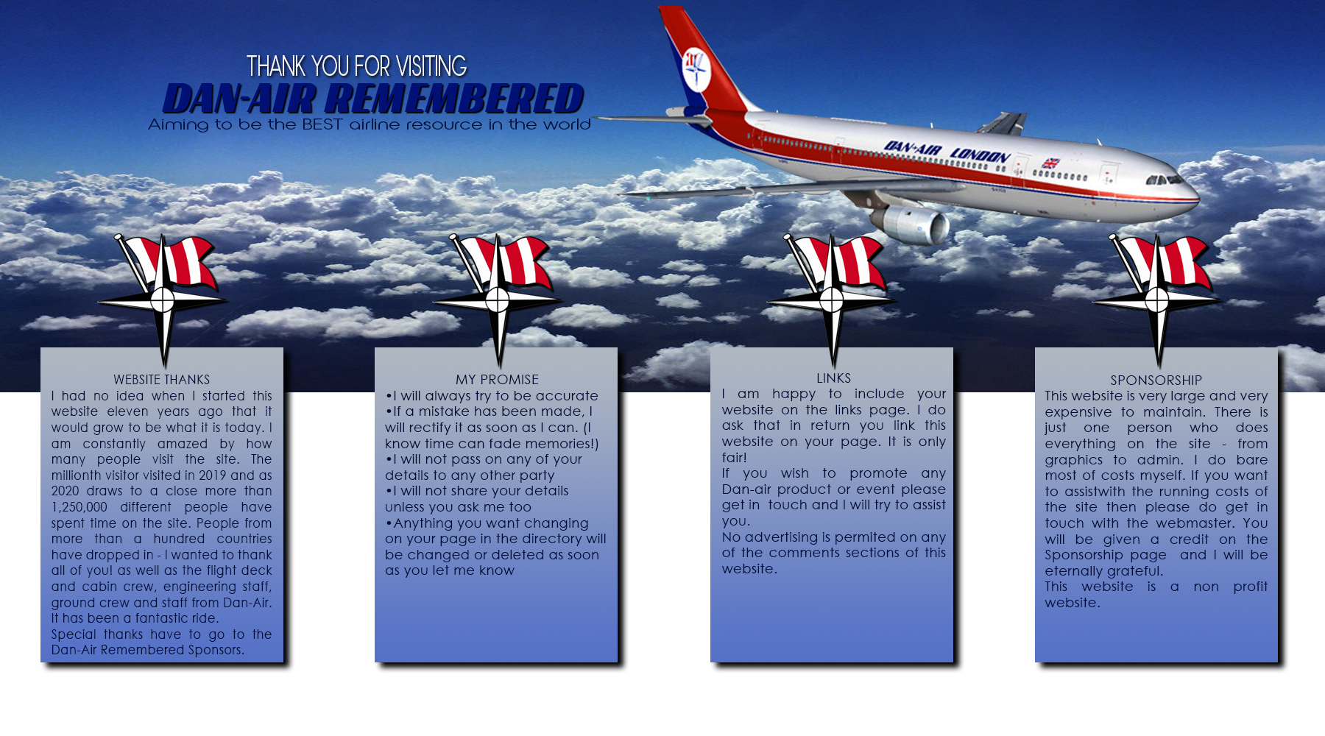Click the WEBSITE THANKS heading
click(161, 380)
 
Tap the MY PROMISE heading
click(497, 380)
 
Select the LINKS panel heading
click(833, 378)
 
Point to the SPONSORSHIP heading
click(1156, 381)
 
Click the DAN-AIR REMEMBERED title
click(373, 99)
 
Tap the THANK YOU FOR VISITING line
click(356, 66)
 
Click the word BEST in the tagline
click(322, 124)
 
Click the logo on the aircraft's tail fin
click(695, 68)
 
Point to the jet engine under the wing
click(910, 223)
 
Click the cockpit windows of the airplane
click(1164, 180)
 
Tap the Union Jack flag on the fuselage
click(1050, 163)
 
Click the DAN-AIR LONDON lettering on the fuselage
click(947, 152)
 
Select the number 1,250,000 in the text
click(79, 507)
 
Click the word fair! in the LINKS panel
click(735, 457)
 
